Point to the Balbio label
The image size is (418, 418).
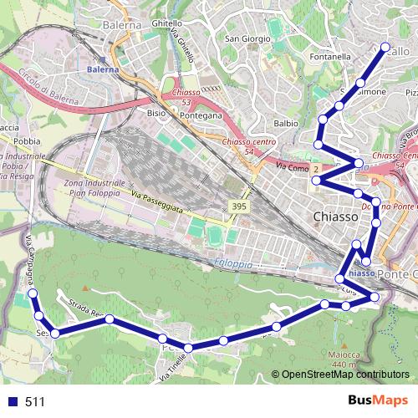(x=286, y=123)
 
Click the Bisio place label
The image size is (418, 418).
(x=156, y=111)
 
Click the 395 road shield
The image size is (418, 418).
(x=238, y=206)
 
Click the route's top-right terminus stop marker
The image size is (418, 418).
(x=385, y=48)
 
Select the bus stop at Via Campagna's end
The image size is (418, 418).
(x=33, y=293)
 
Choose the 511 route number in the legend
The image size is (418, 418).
(x=35, y=402)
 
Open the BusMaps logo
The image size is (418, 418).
(x=373, y=401)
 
